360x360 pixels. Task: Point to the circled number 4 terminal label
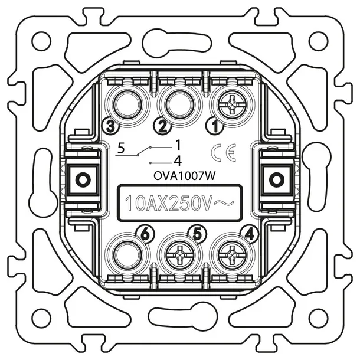pos(251,234)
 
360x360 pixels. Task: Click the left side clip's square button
pos(81,177)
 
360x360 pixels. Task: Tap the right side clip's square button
pos(274,177)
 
